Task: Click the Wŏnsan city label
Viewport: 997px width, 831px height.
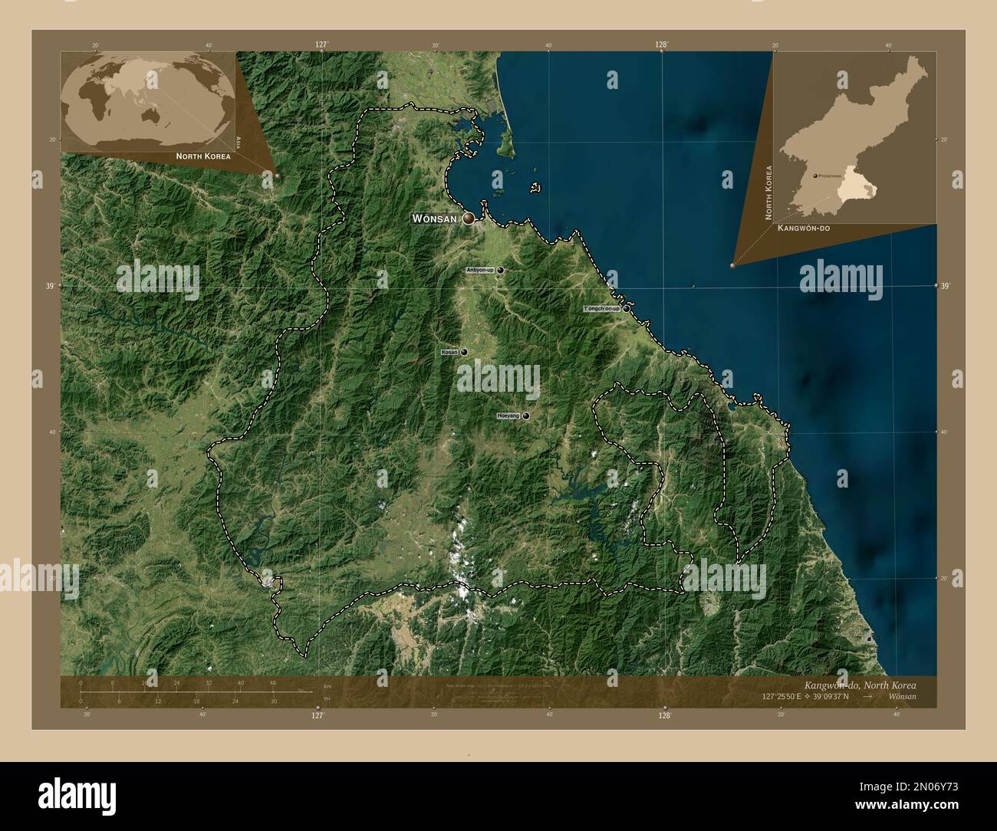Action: pos(435,218)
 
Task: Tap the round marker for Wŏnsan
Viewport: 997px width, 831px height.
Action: pos(467,218)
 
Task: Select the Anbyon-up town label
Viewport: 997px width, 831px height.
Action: pos(480,271)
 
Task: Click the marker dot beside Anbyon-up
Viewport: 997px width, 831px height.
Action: pos(500,271)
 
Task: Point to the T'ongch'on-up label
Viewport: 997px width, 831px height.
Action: pos(601,308)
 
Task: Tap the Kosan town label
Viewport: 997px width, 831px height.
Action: pos(449,352)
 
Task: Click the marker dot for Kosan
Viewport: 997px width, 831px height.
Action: pos(464,352)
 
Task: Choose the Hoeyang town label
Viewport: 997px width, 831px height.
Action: pos(508,415)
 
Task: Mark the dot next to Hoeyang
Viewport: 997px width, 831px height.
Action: pos(526,415)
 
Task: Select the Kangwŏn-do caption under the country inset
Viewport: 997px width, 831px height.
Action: pos(803,228)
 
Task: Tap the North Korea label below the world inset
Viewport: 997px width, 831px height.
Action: pos(202,156)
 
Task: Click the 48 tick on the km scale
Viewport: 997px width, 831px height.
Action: pos(273,682)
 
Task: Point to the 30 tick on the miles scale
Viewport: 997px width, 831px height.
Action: pos(273,701)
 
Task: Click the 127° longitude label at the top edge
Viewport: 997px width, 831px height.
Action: pos(321,45)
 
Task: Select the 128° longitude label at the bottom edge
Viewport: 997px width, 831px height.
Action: pos(664,715)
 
